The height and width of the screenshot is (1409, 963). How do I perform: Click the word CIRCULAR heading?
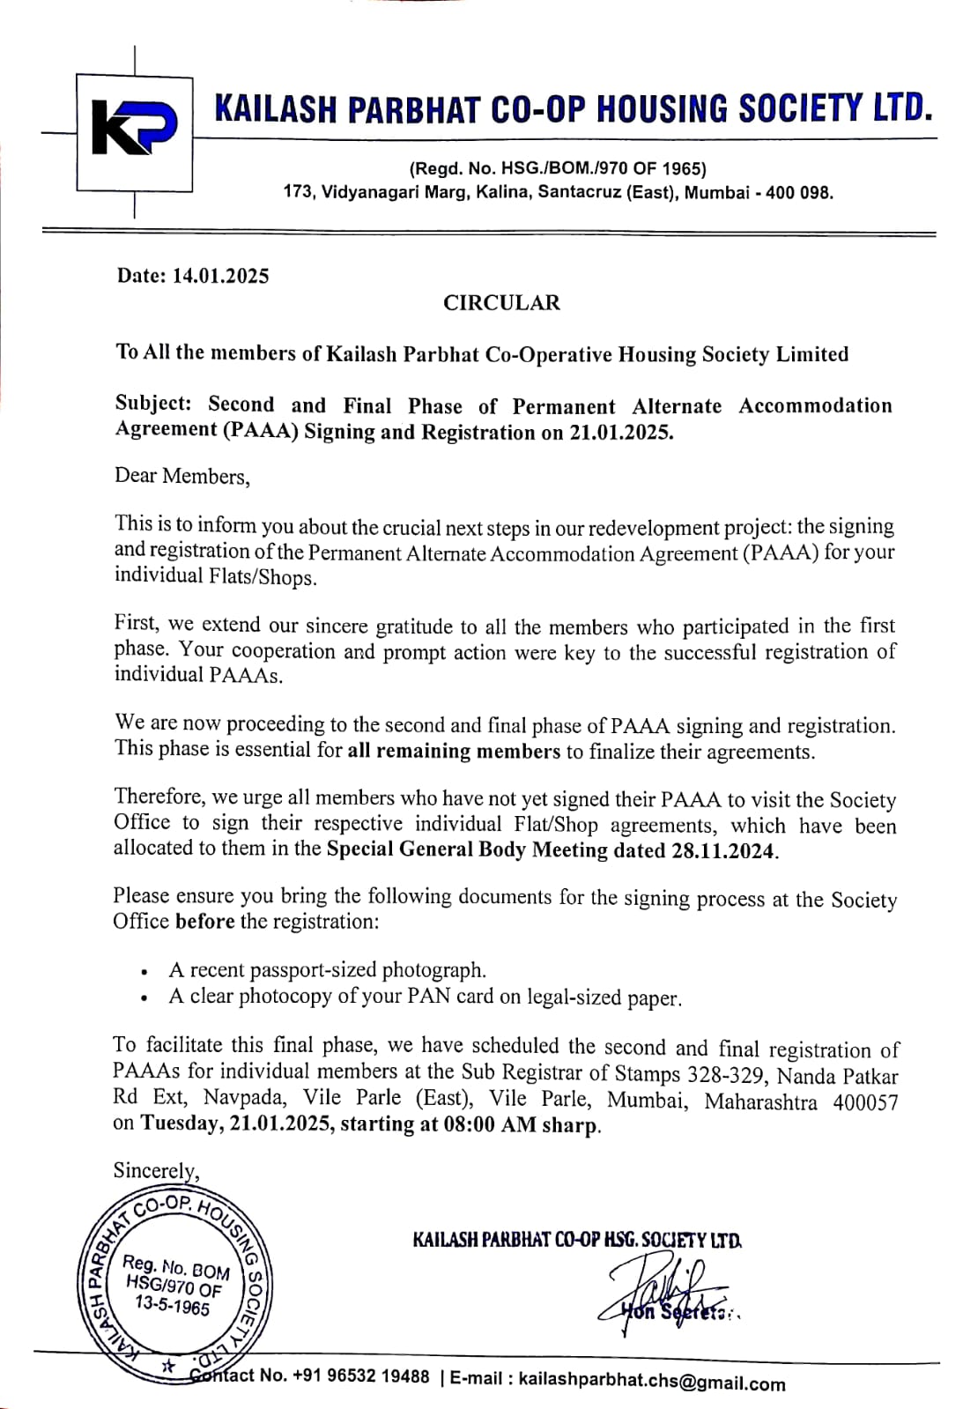click(501, 303)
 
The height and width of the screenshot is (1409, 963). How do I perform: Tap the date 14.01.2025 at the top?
click(220, 276)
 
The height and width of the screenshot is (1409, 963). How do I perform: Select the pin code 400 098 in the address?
click(799, 192)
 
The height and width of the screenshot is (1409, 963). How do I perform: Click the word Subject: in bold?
click(153, 404)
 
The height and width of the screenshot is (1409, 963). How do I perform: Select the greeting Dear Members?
click(182, 477)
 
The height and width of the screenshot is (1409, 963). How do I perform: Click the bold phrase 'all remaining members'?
click(454, 752)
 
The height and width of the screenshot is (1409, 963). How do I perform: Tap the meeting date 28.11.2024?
click(724, 852)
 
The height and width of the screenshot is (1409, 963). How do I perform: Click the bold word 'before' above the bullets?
click(204, 922)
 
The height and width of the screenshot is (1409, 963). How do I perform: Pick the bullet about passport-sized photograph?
click(327, 970)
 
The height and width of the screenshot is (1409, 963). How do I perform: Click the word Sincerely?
click(156, 1171)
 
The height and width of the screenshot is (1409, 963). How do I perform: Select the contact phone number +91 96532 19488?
click(361, 1376)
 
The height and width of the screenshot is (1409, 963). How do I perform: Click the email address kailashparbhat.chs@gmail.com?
click(652, 1381)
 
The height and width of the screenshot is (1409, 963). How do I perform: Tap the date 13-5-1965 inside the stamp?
click(173, 1305)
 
